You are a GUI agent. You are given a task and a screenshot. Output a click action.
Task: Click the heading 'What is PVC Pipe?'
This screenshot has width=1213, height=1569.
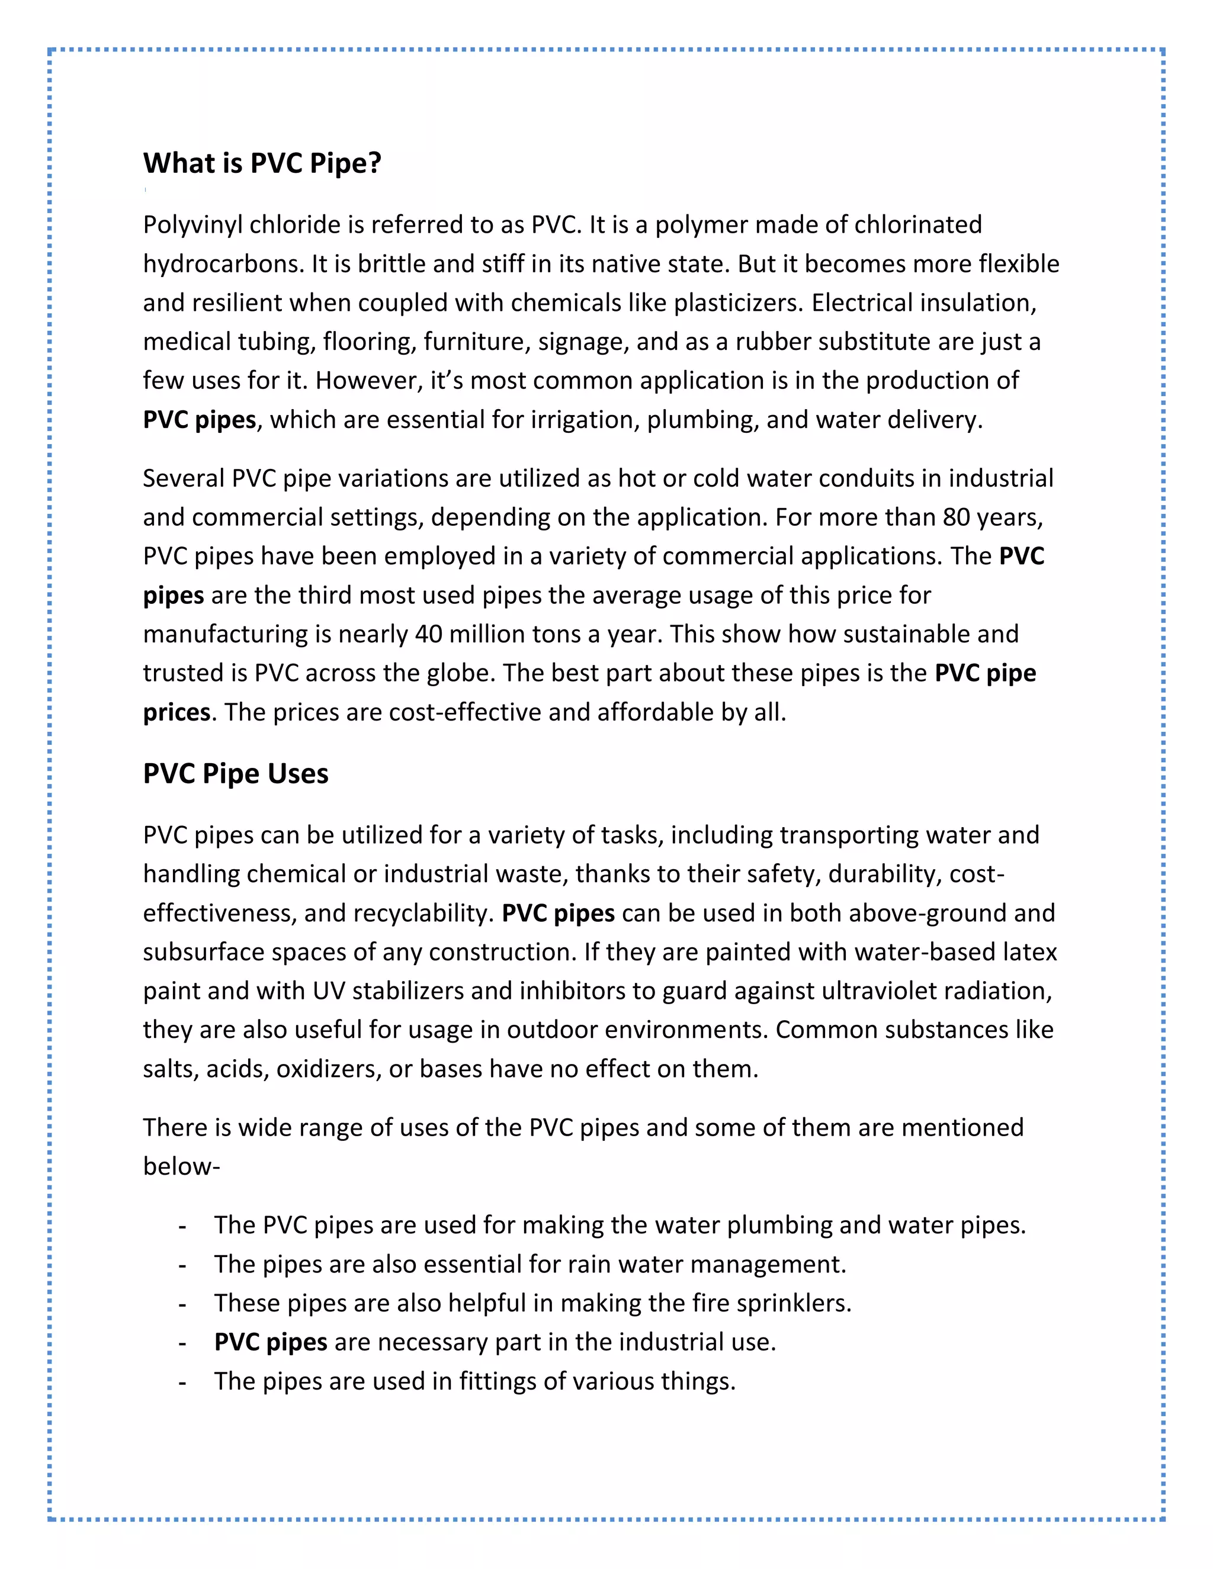tap(262, 164)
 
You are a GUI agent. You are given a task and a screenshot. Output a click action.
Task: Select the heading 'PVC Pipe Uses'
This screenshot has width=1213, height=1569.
tap(235, 774)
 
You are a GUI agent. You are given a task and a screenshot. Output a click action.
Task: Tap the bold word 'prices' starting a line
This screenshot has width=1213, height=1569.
tap(176, 713)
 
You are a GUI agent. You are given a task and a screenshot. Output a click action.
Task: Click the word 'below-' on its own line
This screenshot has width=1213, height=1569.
tap(181, 1166)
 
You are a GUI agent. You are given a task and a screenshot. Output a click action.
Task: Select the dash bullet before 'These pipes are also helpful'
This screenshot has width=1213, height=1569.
tap(182, 1304)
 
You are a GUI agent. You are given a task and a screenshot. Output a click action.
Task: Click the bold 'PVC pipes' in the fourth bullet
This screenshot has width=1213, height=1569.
tap(270, 1342)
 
